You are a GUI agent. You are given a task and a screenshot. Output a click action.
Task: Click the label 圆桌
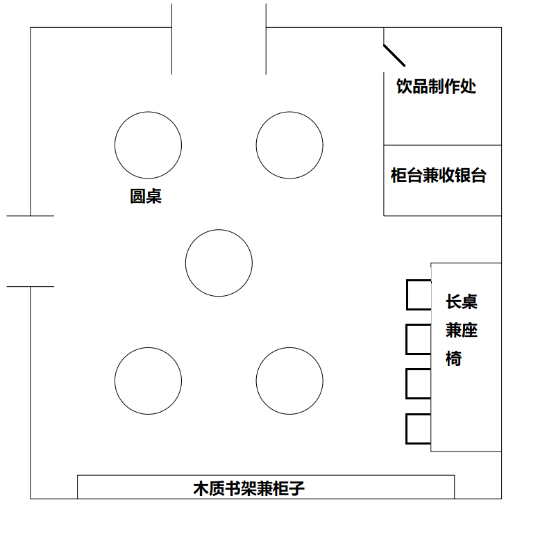(146, 197)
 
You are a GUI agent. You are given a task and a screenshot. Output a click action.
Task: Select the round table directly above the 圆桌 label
(148, 145)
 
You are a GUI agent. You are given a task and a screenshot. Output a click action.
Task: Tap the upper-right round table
(289, 145)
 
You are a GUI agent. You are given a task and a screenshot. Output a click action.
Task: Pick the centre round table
(219, 263)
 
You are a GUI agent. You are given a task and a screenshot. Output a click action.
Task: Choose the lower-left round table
(148, 381)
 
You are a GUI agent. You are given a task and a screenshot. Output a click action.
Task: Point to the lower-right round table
(289, 381)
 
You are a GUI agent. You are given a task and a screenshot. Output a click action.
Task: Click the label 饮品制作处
(436, 87)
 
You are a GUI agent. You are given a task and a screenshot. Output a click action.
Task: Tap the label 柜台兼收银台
(439, 176)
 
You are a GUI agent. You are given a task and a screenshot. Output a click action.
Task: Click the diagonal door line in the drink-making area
(394, 55)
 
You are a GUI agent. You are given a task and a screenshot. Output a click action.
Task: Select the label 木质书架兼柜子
(249, 488)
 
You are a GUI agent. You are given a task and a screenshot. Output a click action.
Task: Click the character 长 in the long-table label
(453, 302)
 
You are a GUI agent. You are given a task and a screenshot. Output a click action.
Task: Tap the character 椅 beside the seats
(454, 359)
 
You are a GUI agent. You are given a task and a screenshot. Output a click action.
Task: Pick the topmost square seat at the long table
(419, 294)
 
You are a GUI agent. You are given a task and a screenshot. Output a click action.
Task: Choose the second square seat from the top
(419, 339)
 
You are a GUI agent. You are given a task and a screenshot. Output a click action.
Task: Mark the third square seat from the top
(419, 383)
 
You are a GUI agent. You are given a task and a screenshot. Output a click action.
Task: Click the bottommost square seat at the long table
(419, 429)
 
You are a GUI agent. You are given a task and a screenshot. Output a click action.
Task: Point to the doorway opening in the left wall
(31, 251)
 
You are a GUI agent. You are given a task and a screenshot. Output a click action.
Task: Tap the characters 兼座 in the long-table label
(462, 331)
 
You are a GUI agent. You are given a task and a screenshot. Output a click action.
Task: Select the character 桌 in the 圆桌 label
(154, 197)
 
